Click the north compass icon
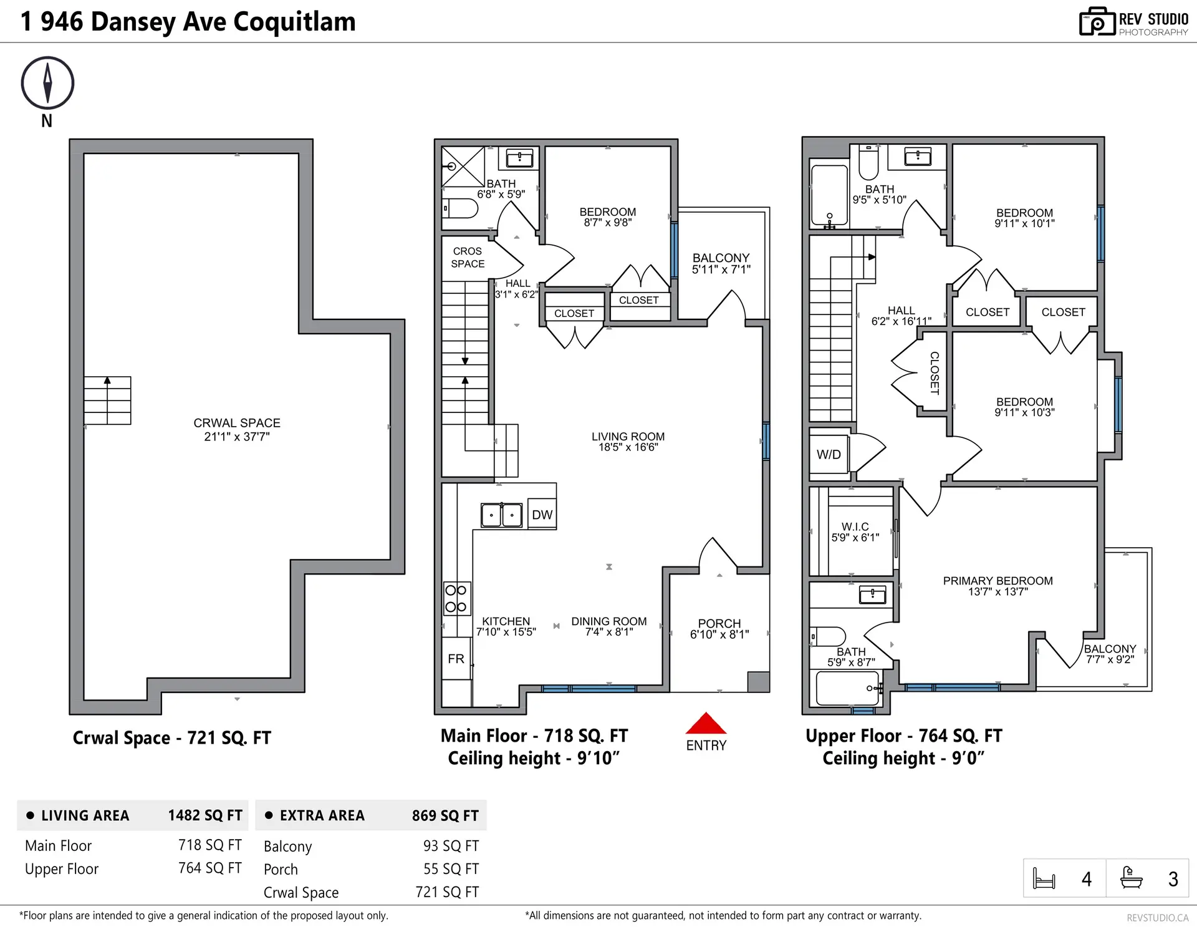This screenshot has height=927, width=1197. (x=47, y=82)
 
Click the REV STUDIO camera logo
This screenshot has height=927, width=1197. (x=1097, y=22)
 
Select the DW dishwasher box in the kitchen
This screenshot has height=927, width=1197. (x=542, y=515)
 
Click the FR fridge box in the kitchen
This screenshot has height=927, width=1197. (x=456, y=659)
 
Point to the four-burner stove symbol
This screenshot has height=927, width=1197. (x=456, y=598)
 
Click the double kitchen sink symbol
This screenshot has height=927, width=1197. (x=501, y=515)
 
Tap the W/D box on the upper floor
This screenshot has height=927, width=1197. (x=829, y=454)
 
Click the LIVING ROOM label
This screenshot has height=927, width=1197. (x=628, y=437)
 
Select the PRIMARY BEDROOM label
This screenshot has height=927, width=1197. (x=997, y=581)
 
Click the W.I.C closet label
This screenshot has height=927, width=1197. (x=855, y=527)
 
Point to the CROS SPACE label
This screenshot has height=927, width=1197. (x=468, y=257)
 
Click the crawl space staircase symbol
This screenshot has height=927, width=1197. (x=107, y=400)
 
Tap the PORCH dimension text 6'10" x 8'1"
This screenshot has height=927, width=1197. (x=719, y=634)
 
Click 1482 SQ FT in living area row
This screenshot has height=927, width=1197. (x=204, y=815)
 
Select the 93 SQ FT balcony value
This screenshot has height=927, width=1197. (x=451, y=846)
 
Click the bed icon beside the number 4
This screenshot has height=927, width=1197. (x=1044, y=878)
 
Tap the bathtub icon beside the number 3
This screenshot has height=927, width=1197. (x=1131, y=878)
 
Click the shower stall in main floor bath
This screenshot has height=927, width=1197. (x=463, y=167)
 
